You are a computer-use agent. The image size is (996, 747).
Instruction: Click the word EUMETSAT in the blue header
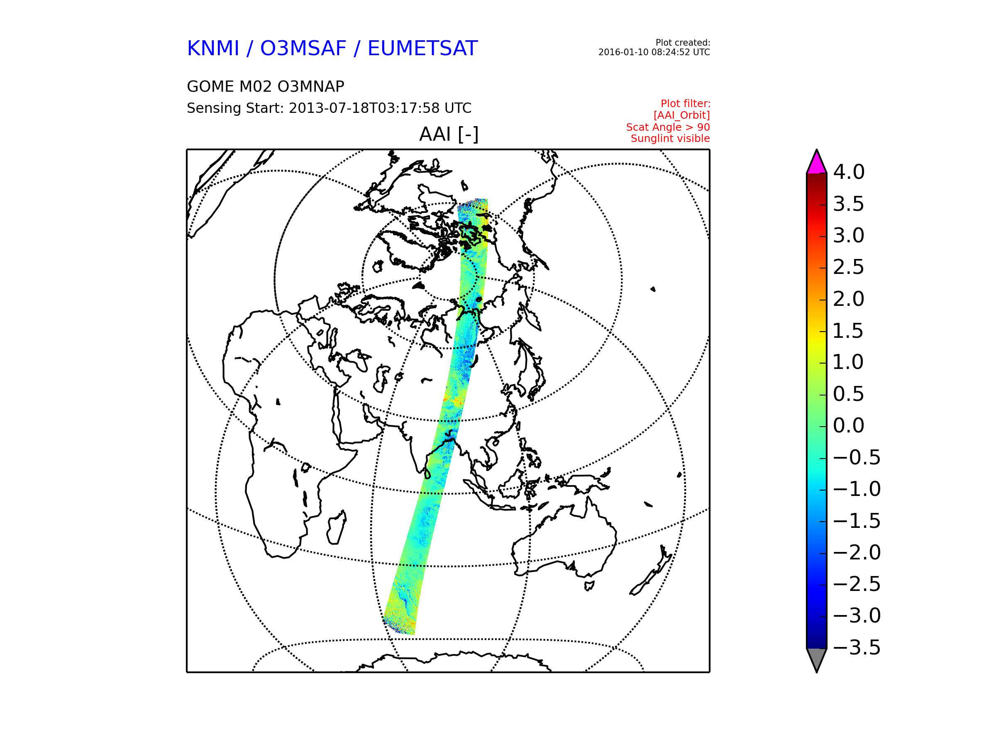click(422, 49)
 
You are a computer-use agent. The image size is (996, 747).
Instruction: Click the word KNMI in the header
click(213, 49)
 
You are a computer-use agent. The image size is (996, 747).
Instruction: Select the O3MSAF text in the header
click(303, 49)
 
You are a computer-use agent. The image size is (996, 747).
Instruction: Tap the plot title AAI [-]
click(449, 134)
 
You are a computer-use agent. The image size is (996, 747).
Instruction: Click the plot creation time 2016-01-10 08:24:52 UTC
click(654, 52)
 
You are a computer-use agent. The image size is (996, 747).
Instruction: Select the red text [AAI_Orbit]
click(682, 115)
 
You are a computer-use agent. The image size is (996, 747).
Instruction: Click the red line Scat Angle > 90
click(668, 127)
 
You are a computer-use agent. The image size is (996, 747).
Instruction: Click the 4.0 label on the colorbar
click(849, 172)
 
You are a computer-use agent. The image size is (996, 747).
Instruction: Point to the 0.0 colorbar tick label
click(849, 425)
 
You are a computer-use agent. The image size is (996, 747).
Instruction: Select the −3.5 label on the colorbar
click(857, 647)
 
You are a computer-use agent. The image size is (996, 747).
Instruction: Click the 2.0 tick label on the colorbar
click(849, 299)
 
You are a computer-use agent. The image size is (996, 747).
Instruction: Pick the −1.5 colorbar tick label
click(857, 521)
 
